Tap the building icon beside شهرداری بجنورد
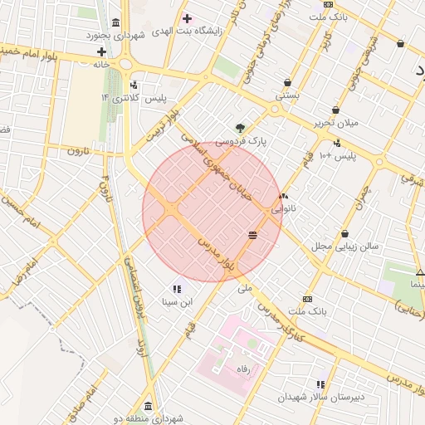click(114, 22)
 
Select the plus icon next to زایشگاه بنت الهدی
click(187, 17)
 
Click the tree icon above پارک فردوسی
click(241, 128)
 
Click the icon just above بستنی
click(287, 83)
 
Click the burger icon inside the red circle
click(252, 236)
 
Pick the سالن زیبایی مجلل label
click(345, 247)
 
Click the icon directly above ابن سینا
click(176, 288)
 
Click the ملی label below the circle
click(244, 288)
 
